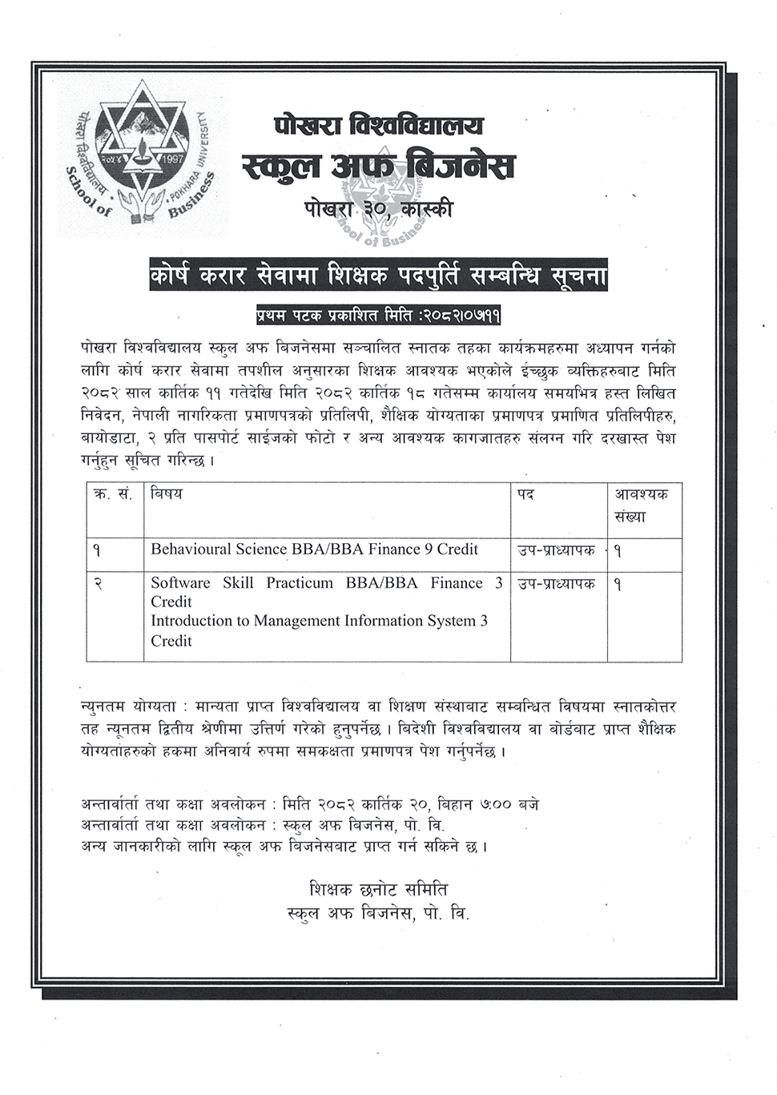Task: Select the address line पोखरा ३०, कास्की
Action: [x=378, y=209]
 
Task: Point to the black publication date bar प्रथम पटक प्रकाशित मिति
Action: [x=378, y=315]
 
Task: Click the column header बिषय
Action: [x=166, y=494]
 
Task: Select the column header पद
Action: [x=525, y=494]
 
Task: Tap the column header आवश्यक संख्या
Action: [x=641, y=505]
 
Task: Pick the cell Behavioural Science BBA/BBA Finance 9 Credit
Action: [x=314, y=550]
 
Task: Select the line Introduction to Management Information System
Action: [x=319, y=621]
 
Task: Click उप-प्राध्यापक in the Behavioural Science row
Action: [x=557, y=550]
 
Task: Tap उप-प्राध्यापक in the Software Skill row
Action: [x=557, y=584]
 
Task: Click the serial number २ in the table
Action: [x=97, y=585]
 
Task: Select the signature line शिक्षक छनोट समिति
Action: [x=378, y=890]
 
